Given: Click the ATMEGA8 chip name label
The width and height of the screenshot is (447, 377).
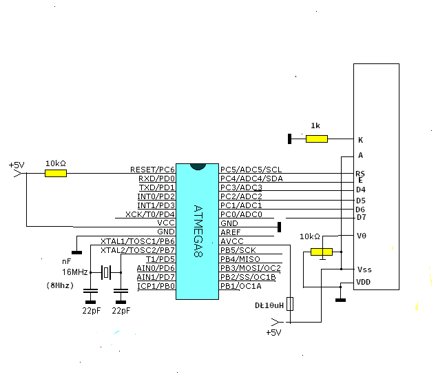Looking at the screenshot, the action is coord(198,231).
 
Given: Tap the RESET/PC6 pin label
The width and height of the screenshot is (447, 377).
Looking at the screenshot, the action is coord(152,170).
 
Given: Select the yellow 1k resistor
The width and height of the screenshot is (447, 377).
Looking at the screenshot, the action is coord(317,139).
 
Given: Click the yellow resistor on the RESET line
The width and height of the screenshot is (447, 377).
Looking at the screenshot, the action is coord(56,173).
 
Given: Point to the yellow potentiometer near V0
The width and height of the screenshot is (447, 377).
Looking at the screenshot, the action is coord(322,252).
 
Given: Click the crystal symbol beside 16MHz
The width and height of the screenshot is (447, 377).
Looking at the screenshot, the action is coord(106,272).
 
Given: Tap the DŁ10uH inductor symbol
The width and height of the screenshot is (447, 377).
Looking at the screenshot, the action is coord(290,304).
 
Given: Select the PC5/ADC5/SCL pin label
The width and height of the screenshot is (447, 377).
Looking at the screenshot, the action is coord(251,170).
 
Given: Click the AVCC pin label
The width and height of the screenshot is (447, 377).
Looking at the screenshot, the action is coord(232,241).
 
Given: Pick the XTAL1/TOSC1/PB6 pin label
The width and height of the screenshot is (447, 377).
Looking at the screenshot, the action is coord(138,241).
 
